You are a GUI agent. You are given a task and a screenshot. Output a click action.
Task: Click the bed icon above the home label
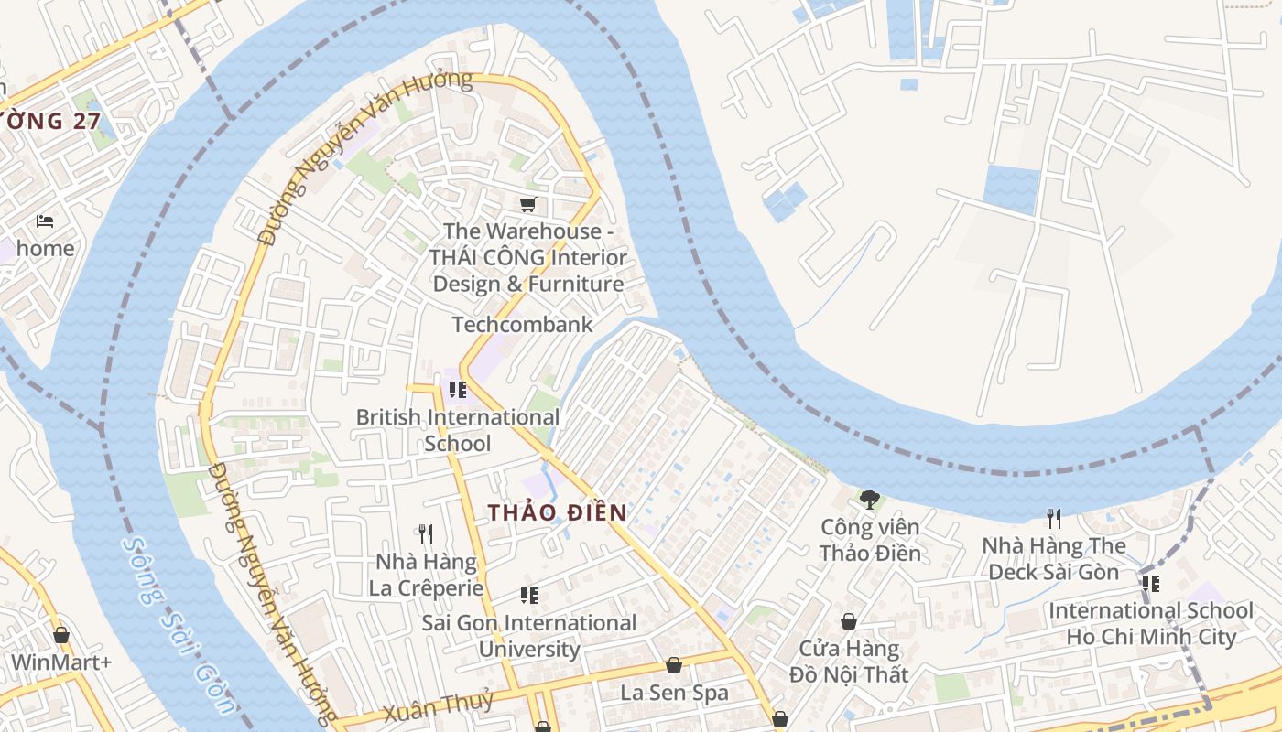tap(45, 221)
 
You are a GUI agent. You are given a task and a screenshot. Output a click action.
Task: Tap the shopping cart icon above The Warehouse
tap(527, 205)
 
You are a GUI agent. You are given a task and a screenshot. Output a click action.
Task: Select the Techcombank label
tap(522, 325)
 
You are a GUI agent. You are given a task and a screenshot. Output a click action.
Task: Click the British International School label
tap(457, 430)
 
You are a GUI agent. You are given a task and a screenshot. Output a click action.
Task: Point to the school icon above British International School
tap(458, 391)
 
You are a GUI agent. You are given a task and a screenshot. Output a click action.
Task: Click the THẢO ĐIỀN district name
tap(557, 513)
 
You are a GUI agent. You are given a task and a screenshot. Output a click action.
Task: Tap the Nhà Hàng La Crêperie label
tap(426, 575)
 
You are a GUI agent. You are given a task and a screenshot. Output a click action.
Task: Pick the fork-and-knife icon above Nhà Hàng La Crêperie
tap(425, 534)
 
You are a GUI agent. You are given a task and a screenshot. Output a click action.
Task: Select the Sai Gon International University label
tap(528, 636)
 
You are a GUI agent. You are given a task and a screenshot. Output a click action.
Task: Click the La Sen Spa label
tap(674, 693)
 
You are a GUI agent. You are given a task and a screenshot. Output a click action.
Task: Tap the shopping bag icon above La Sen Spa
tap(674, 665)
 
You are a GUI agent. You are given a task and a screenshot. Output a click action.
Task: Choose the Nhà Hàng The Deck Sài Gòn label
tap(1053, 558)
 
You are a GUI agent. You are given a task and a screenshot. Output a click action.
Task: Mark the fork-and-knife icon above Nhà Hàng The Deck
tap(1054, 519)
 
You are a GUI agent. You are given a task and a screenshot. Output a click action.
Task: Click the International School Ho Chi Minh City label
tap(1151, 623)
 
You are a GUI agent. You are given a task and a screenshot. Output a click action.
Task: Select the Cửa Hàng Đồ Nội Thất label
tap(849, 662)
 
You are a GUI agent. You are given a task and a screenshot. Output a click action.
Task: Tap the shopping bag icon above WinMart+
tap(61, 635)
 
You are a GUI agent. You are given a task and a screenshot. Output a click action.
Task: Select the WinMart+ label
tap(60, 662)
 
